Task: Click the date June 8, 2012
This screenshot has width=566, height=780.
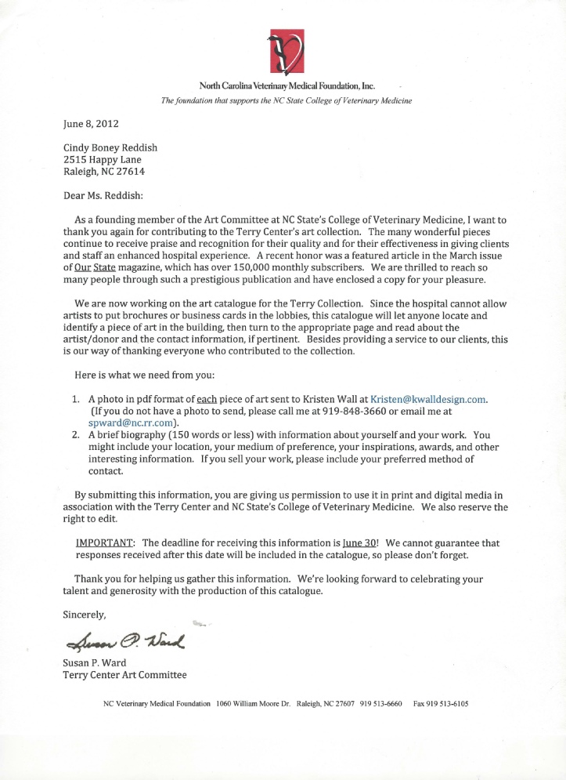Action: coord(91,122)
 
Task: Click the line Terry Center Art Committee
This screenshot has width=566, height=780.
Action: coord(124,676)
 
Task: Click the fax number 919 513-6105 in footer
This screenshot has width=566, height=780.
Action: coord(439,704)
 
